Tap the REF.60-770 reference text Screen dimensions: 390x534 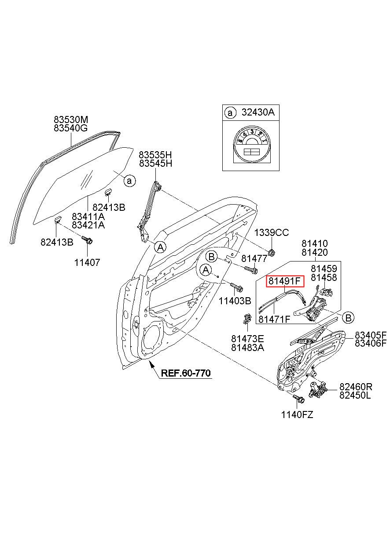186,373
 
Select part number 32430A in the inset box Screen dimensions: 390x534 258,112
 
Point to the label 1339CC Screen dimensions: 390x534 271,232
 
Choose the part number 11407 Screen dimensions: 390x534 87,262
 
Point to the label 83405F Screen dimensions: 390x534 371,335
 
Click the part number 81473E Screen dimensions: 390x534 247,339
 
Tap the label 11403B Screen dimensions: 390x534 235,301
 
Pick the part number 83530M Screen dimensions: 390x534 71,119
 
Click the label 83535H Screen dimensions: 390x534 155,155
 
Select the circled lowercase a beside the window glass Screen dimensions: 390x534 129,181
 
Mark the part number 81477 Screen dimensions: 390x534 254,258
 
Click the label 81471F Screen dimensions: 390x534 274,319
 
